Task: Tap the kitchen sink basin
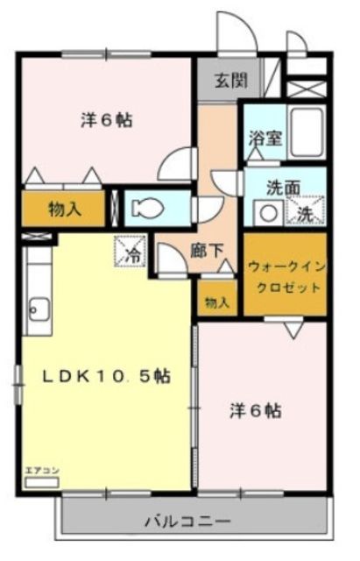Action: [x=39, y=307]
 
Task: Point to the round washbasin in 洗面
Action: [x=264, y=211]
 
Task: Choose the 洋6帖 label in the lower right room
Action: [x=256, y=409]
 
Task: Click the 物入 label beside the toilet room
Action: [x=67, y=208]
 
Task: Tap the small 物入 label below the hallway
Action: [x=216, y=302]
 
